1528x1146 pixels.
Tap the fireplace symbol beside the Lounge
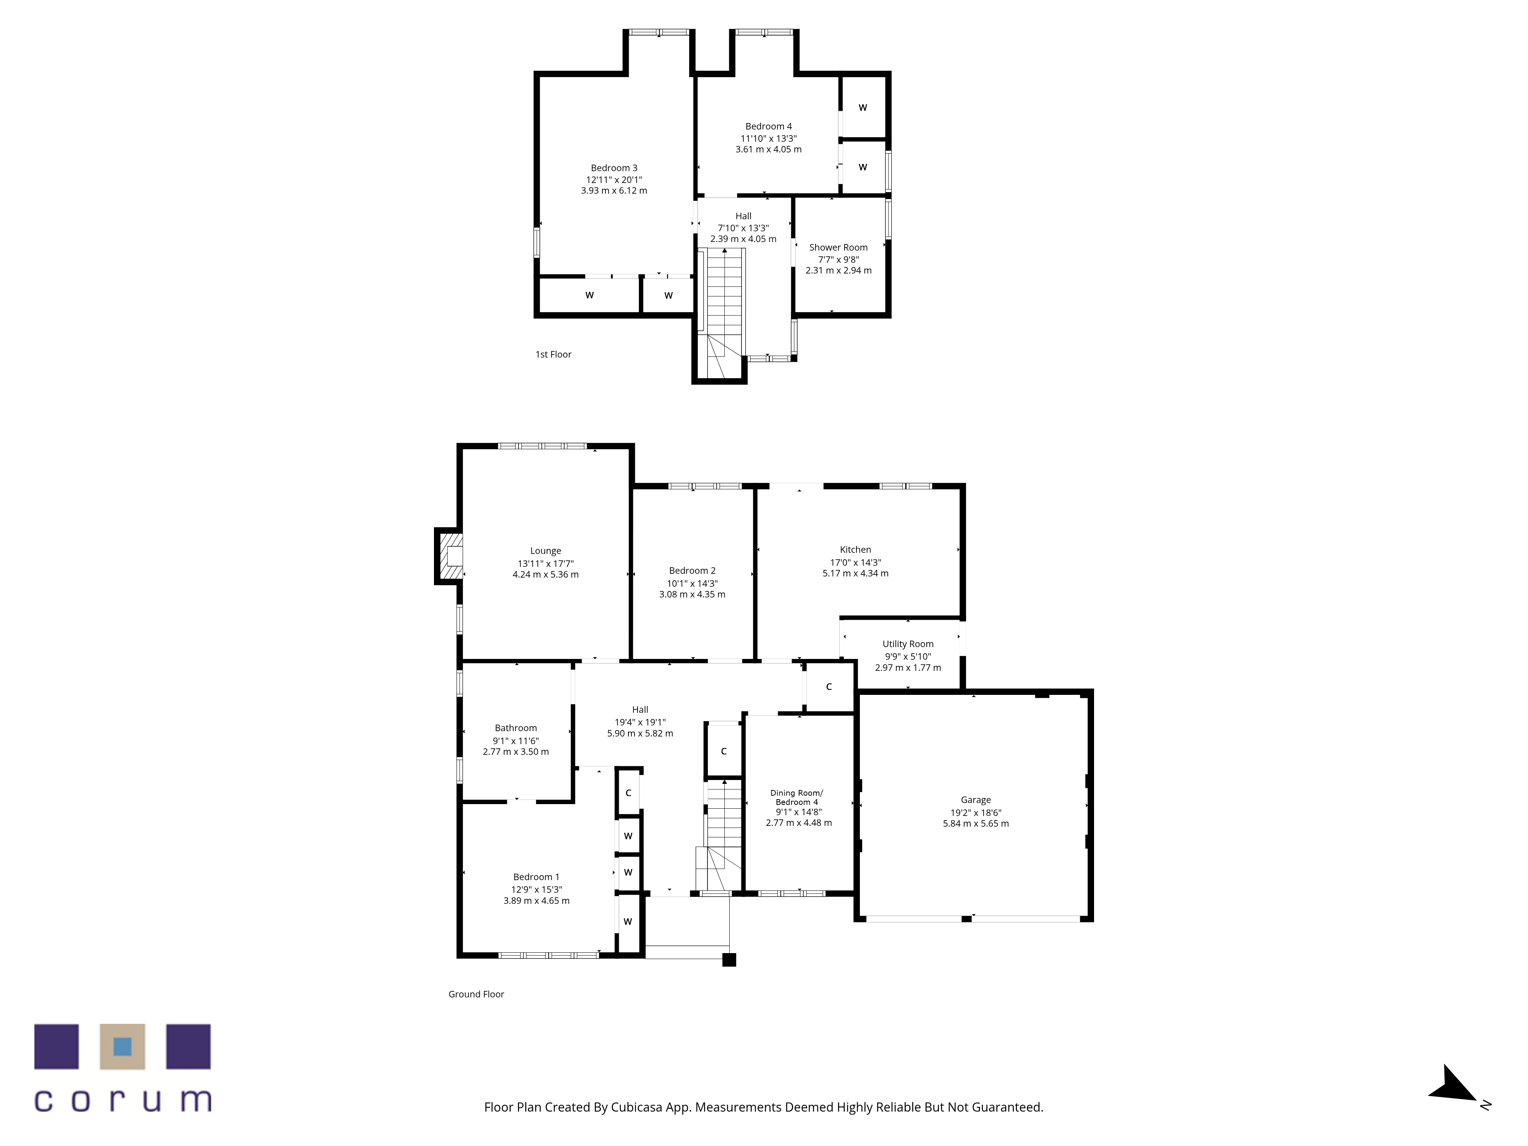pos(450,556)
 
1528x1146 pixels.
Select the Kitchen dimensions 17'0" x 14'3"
pos(855,562)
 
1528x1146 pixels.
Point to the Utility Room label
pos(908,644)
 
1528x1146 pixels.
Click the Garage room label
pos(975,800)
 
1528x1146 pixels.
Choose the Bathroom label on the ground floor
pos(515,728)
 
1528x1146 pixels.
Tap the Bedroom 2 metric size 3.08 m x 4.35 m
pos(692,594)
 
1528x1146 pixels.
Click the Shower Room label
pos(838,247)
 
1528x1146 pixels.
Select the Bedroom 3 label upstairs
pos(614,168)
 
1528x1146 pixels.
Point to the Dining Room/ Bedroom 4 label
pos(796,797)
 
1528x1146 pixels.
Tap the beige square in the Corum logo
pos(122,1047)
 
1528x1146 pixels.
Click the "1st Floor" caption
pos(553,354)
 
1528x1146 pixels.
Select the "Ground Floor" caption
pos(476,994)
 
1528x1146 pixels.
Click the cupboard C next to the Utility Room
pos(829,686)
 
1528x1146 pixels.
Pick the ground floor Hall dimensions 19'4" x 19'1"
pos(640,722)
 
